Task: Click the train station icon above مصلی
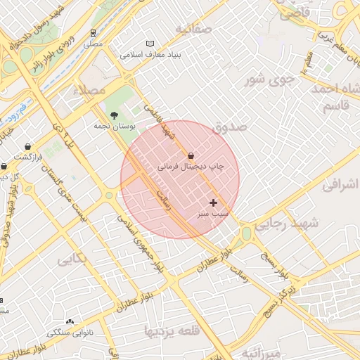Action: point(94,32)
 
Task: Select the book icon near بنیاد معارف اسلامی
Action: point(149,43)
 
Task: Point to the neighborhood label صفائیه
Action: point(193,29)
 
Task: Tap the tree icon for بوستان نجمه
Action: point(114,115)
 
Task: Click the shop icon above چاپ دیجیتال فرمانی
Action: point(191,155)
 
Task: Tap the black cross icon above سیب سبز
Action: point(214,202)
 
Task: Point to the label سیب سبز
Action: point(214,214)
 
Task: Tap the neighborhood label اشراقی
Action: point(340,186)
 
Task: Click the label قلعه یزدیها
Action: point(172,329)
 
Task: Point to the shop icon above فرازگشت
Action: point(28,146)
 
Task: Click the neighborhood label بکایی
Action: point(73,259)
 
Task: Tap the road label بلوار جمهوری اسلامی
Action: point(143,245)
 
